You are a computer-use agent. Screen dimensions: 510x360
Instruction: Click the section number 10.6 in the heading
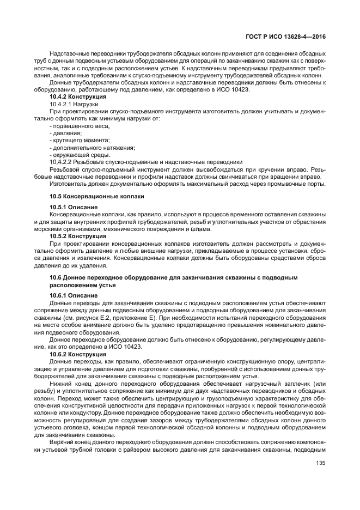pyautogui.click(x=56, y=278)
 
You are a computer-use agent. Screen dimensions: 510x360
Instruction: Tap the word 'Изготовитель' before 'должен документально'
pyautogui.click(x=68, y=184)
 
